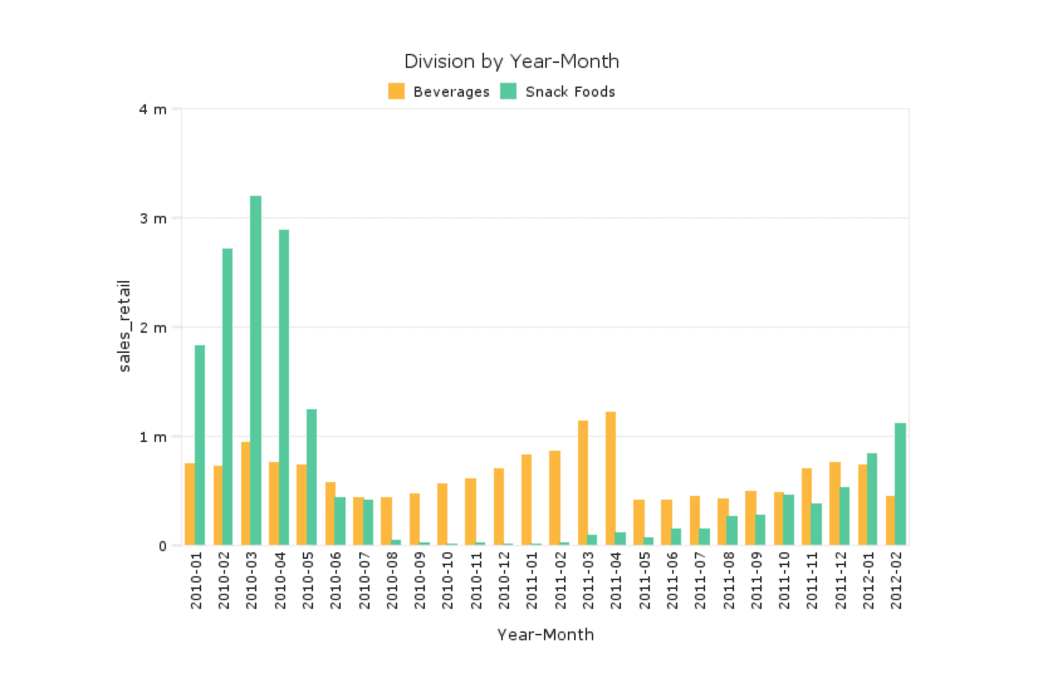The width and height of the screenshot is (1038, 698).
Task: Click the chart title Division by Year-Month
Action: point(511,62)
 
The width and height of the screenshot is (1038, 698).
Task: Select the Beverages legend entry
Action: point(439,92)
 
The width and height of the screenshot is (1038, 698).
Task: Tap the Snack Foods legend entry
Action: point(558,92)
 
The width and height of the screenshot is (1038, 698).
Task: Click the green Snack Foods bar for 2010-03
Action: point(256,370)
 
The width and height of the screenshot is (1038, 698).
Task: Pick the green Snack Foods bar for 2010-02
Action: point(227,397)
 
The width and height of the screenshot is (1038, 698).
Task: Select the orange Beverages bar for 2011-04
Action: point(611,478)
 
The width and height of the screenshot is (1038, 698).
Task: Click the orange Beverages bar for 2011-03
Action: point(583,483)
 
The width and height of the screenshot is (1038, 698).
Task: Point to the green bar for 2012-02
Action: point(900,484)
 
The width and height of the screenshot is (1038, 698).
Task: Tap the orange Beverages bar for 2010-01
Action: point(190,504)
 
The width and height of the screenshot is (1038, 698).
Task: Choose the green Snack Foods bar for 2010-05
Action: point(312,477)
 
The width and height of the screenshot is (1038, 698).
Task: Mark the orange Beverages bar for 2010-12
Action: point(499,507)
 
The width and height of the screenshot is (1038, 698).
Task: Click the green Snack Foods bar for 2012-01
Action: point(872,499)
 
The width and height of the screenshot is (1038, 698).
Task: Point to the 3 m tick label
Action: point(153,218)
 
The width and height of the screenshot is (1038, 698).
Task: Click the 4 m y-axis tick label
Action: point(153,110)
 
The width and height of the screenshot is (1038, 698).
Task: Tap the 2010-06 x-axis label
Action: point(336,580)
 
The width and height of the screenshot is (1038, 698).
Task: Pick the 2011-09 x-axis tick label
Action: point(757,580)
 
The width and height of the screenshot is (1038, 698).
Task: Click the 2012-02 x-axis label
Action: point(897,580)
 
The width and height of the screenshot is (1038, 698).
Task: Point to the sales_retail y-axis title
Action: point(124,326)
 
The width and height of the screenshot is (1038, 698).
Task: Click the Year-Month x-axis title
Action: point(545,635)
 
